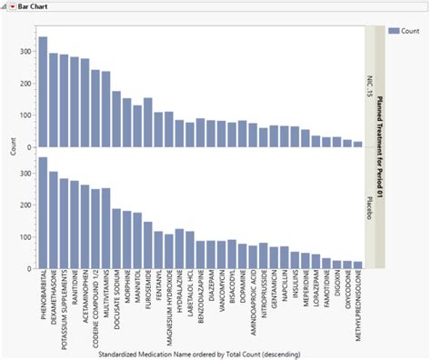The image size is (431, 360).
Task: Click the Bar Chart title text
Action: click(35, 6)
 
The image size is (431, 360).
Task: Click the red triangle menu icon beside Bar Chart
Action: click(12, 6)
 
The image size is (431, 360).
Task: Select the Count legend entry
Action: click(405, 31)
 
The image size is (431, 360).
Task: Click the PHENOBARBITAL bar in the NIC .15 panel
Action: click(43, 92)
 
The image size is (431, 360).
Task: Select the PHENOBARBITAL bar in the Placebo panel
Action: click(43, 214)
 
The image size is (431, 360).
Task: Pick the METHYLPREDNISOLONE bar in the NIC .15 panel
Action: click(357, 144)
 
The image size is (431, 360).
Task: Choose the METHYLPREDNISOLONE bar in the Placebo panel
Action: click(357, 265)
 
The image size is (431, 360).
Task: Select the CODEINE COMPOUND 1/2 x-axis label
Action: click(95, 309)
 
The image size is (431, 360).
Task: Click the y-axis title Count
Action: click(8, 147)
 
